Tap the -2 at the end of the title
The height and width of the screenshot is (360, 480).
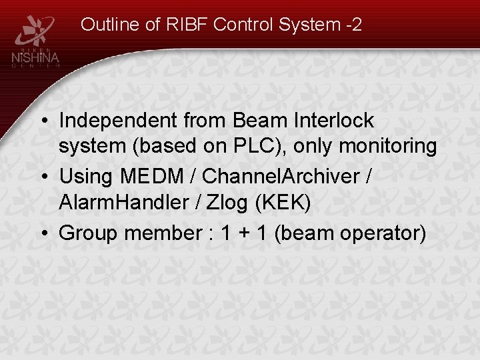pos(353,25)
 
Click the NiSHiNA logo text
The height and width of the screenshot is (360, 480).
pos(37,59)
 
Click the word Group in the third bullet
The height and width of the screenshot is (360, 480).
pos(84,233)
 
